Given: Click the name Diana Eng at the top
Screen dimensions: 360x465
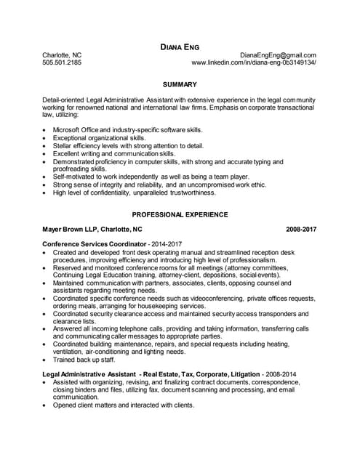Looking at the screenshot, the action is (x=180, y=46).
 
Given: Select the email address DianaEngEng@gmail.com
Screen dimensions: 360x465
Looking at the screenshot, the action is (x=278, y=55).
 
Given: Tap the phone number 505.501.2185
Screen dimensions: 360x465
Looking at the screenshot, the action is (x=62, y=63).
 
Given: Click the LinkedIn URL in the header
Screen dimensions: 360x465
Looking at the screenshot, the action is (x=254, y=63).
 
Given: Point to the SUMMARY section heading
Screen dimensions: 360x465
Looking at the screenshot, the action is (x=180, y=84).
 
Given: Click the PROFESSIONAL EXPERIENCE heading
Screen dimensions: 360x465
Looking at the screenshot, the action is (x=180, y=214).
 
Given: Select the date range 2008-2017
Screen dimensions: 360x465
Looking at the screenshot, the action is (x=302, y=229).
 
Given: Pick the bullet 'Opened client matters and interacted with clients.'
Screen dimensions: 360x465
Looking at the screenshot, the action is (x=124, y=405).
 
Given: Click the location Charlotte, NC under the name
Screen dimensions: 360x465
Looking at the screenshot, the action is (x=62, y=55).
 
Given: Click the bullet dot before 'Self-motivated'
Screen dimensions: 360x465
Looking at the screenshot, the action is (x=46, y=177).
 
